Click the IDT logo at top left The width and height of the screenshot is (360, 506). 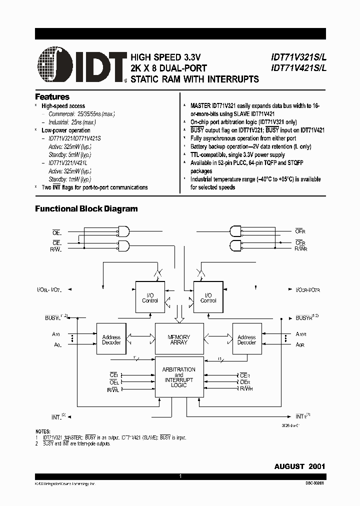(x=80, y=64)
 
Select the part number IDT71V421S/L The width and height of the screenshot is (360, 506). (x=298, y=68)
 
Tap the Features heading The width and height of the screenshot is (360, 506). (x=52, y=97)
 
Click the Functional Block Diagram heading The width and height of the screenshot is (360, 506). (x=86, y=209)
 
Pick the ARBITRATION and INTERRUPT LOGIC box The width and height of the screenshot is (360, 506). (x=178, y=377)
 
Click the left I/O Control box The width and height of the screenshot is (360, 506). (x=150, y=298)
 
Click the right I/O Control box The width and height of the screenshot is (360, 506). (x=208, y=298)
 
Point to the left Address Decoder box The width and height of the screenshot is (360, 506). (x=111, y=340)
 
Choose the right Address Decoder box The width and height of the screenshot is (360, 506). (x=246, y=340)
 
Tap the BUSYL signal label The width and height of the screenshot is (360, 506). (x=53, y=317)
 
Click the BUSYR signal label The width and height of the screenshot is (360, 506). (x=304, y=317)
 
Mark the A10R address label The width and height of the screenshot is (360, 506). (x=300, y=334)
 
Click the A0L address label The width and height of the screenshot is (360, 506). (x=57, y=344)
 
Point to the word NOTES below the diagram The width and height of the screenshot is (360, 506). (x=43, y=431)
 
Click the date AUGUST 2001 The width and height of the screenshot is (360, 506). (x=299, y=466)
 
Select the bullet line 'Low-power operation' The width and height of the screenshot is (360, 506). (x=65, y=130)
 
